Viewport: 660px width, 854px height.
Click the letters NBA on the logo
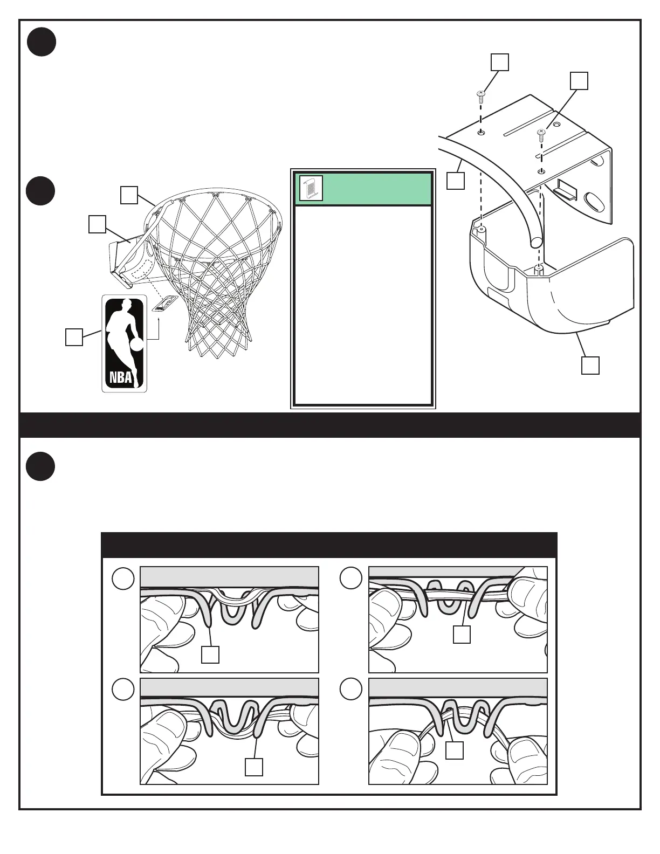121,377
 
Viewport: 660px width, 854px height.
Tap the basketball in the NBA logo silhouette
137,344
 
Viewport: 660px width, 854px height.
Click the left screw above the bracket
481,97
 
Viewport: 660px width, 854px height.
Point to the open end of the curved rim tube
536,243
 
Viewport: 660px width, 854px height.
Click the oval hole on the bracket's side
594,203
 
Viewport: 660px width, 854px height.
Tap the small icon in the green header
311,189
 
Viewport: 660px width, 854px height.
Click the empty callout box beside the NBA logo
74,337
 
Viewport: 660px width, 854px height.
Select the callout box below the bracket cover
590,366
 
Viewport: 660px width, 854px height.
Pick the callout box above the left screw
500,62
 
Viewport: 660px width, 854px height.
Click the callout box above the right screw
579,80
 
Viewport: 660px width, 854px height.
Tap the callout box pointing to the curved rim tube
456,181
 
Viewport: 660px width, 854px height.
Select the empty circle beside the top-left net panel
123,579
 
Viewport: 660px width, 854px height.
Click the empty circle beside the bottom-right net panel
351,689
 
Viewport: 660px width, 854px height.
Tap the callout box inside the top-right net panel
462,635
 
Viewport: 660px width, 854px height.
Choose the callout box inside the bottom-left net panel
254,767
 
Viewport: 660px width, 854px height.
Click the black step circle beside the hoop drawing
41,191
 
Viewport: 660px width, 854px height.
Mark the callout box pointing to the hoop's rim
129,195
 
